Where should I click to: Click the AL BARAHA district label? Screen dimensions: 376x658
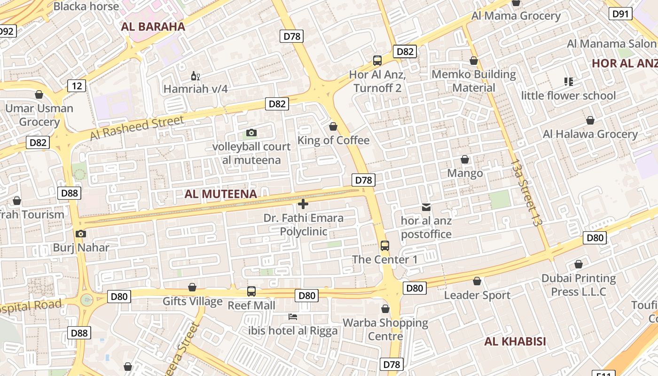tap(153, 27)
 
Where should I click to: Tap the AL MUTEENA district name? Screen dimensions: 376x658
tap(220, 194)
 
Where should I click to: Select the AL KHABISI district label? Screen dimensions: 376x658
tap(515, 342)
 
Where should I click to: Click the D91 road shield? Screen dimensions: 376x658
tap(620, 14)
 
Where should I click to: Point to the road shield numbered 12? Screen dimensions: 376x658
tap(77, 86)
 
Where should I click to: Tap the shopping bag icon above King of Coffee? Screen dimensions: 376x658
tap(333, 126)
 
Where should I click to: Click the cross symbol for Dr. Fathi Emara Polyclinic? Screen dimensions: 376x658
tap(303, 204)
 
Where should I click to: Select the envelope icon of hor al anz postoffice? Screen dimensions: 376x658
tap(426, 207)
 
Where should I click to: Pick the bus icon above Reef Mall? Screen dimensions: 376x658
tap(251, 291)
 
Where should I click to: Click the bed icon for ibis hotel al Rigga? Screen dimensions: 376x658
tap(293, 317)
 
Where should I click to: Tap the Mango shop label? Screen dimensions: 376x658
tap(465, 173)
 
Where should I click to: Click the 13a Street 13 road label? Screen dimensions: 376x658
tap(524, 193)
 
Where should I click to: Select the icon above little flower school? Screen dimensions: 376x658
tap(568, 82)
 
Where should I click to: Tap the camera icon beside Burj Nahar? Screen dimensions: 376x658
tap(81, 234)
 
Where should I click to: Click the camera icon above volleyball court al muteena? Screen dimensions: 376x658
tap(251, 133)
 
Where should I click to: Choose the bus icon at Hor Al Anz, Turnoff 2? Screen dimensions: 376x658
tap(377, 60)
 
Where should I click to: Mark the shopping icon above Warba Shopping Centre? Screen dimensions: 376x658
tap(385, 309)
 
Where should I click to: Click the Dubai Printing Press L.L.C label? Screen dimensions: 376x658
tap(579, 285)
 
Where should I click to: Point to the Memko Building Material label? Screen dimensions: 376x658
tap(473, 81)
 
